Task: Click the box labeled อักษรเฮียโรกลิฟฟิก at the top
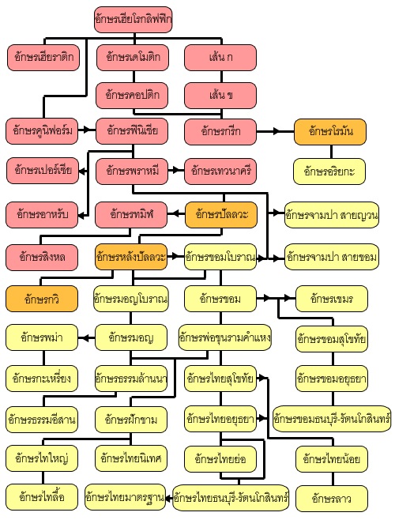133,20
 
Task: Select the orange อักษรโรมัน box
330,132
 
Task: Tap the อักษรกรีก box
220,132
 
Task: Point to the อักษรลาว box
332,499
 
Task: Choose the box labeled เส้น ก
220,58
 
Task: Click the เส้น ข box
220,96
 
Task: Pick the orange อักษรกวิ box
42,299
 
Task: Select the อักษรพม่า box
42,337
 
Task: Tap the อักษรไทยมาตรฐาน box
125,497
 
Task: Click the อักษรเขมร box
332,299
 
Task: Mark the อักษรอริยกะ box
329,171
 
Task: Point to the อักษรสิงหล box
42,257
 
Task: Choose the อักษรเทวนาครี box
220,171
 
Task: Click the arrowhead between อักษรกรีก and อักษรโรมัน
276,131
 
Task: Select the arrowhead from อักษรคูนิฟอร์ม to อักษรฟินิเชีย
87,130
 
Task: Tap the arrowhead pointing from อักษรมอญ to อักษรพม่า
83,338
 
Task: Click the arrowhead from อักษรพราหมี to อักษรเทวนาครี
176,171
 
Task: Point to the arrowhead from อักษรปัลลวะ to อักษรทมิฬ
171,213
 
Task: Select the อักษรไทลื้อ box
42,497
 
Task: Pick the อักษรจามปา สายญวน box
332,215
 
